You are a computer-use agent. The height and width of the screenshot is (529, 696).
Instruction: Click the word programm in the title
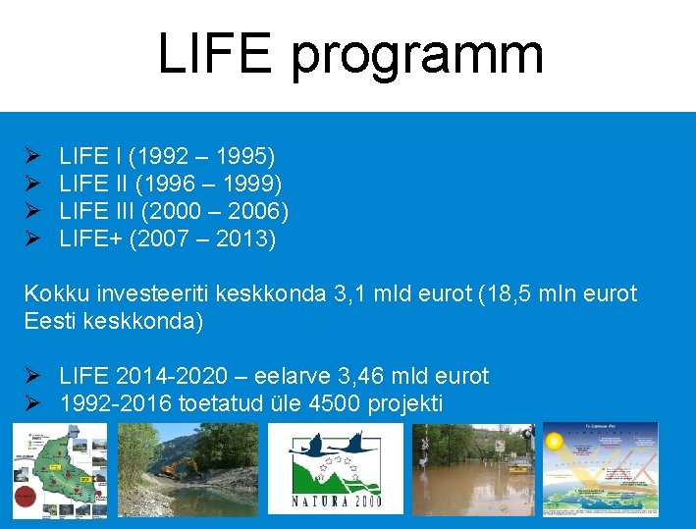pyautogui.click(x=417, y=56)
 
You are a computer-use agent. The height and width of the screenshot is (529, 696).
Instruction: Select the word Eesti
pyautogui.click(x=50, y=321)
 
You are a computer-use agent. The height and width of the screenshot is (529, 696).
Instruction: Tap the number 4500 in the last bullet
pyautogui.click(x=326, y=403)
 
